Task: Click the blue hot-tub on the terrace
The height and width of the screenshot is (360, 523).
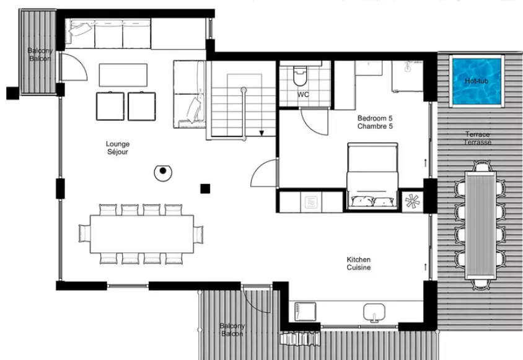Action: click(477, 81)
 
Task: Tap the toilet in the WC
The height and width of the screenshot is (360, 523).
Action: click(299, 76)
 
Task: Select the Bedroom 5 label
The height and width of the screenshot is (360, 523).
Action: click(375, 122)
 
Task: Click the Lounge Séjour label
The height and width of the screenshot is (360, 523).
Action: click(117, 148)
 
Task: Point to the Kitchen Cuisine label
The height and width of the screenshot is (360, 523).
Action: click(359, 263)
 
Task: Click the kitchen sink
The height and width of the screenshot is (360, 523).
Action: click(374, 312)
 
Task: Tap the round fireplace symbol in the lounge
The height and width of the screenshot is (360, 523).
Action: click(163, 172)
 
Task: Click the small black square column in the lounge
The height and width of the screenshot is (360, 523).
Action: click(205, 189)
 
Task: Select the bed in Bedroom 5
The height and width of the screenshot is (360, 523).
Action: click(372, 176)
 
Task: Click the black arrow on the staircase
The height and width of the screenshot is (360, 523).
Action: click(262, 133)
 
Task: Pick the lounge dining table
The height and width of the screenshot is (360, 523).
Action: click(142, 234)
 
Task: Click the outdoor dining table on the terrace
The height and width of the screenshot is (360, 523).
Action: click(481, 225)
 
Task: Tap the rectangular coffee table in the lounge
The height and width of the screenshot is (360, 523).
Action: click(123, 75)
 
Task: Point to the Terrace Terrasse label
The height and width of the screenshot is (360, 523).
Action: click(478, 138)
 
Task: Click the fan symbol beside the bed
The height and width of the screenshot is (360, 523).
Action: click(413, 201)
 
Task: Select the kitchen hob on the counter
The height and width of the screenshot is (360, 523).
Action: click(305, 312)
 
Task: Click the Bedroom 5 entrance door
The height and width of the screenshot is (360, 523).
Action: click(264, 173)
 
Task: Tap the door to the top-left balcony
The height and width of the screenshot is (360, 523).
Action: click(73, 67)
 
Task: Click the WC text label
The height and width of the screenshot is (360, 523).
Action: click(303, 95)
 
